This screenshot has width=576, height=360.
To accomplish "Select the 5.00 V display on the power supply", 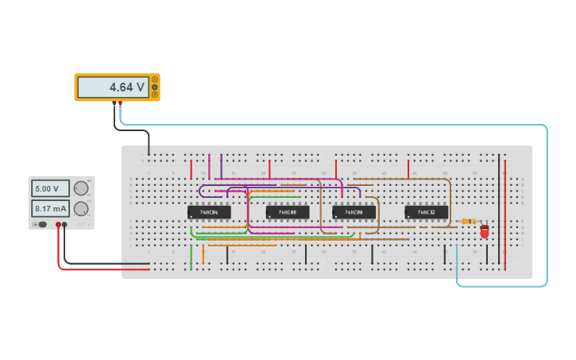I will [x=50, y=188].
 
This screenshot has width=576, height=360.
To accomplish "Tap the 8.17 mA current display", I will [x=50, y=208].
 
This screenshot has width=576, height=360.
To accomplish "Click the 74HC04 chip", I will [x=209, y=212].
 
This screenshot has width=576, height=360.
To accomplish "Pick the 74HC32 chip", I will [x=426, y=212].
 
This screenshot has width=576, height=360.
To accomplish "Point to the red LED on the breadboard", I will [x=485, y=231].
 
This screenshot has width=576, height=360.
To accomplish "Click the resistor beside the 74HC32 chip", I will [x=469, y=221].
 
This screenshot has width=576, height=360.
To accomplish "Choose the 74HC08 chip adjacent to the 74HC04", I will [x=288, y=212].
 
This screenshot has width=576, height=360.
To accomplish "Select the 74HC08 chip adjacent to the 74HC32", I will [x=354, y=212].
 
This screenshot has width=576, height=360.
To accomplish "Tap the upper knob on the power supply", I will [x=81, y=188].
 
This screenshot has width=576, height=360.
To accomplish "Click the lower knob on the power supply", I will [x=81, y=208].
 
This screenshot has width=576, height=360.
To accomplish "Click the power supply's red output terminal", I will [x=58, y=225].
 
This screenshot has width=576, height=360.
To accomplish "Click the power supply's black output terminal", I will [x=65, y=225].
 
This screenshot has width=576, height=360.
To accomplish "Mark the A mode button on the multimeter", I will [x=155, y=79].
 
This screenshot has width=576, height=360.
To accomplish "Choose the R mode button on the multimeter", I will [x=155, y=95].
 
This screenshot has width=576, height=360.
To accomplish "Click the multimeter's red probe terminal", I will [x=120, y=103].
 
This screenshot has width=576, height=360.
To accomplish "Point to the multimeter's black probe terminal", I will [x=114, y=103].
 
